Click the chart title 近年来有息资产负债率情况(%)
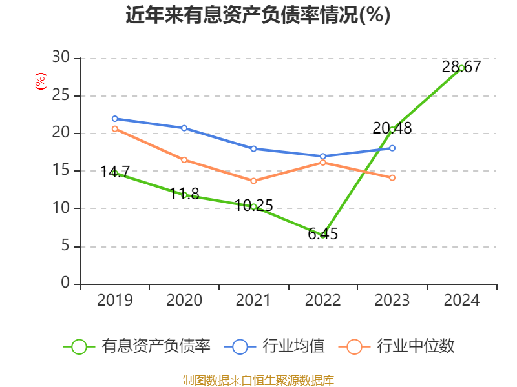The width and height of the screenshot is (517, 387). (258, 15)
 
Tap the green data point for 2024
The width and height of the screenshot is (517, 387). (461, 68)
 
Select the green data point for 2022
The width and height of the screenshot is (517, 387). (323, 235)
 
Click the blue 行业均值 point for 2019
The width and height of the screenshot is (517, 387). (115, 119)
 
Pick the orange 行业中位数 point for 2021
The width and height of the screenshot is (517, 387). (253, 181)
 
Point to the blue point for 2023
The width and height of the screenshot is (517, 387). (392, 148)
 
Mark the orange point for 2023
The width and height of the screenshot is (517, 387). (392, 177)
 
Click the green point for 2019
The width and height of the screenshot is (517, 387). (115, 173)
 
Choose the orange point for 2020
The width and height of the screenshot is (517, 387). (184, 159)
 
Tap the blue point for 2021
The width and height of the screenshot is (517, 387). (253, 148)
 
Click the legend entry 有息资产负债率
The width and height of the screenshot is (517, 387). (137, 346)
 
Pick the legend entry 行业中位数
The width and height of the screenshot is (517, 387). (401, 346)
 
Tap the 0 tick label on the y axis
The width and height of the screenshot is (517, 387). (65, 284)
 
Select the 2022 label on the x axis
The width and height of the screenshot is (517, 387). (322, 301)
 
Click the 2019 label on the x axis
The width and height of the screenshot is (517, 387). (115, 301)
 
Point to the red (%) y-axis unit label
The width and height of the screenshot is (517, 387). (41, 81)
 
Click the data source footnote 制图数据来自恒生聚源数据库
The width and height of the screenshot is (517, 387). (258, 380)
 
